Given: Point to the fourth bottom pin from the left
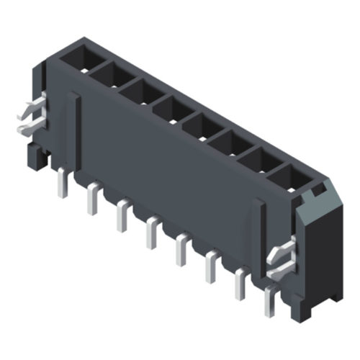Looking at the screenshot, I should [152, 233].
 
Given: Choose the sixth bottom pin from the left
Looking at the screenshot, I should [211, 268].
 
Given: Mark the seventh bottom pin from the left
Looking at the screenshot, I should [240, 285].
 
